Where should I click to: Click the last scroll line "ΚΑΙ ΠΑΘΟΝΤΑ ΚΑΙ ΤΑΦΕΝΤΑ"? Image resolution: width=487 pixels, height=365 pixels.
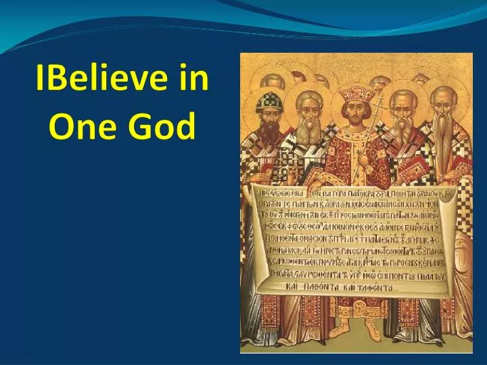[x=351, y=285]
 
